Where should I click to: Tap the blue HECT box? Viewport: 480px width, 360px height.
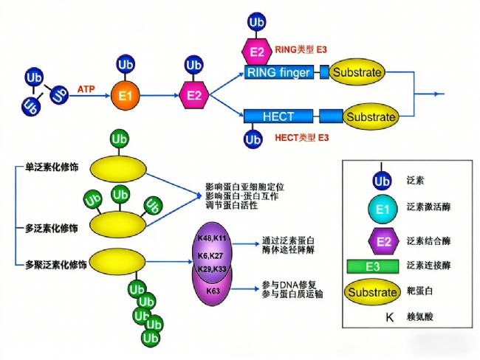[278, 117]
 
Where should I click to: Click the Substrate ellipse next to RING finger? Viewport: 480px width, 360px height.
[357, 72]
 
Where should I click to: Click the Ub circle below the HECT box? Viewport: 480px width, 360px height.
[253, 138]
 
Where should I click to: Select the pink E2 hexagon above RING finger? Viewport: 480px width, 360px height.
[257, 52]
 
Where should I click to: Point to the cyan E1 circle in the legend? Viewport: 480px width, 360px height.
[382, 210]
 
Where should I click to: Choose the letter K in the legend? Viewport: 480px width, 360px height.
[382, 319]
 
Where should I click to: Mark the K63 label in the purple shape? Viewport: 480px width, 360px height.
[213, 291]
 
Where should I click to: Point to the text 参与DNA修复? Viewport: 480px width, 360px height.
[290, 284]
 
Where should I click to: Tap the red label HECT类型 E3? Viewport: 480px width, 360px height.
[301, 138]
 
